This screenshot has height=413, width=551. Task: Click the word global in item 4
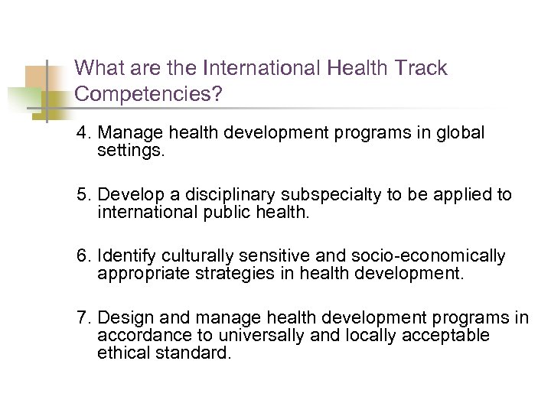(459, 133)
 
